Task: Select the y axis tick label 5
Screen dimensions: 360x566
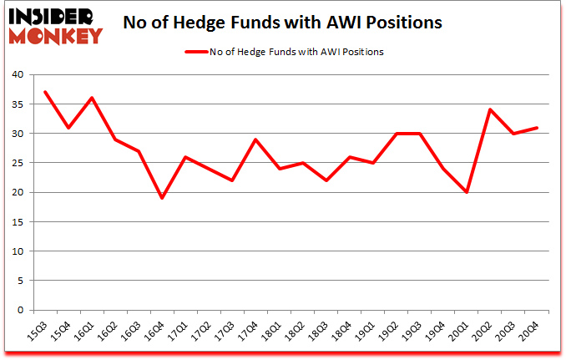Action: [19, 281]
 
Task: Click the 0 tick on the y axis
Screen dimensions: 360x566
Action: [19, 310]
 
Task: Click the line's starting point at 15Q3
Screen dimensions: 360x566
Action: [45, 92]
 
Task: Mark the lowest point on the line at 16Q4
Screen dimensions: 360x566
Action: [162, 198]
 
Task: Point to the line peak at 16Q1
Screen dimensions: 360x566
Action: [92, 98]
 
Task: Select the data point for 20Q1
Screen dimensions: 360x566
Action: [466, 192]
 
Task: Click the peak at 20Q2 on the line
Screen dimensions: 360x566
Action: [489, 109]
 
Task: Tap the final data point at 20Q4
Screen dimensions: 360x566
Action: [536, 127]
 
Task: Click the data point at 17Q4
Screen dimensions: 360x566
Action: [255, 139]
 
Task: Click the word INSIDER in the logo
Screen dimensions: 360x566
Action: [52, 15]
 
